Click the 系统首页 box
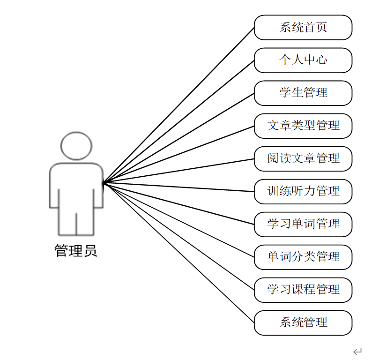[x=303, y=27]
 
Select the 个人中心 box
[x=303, y=60]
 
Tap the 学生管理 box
[x=303, y=93]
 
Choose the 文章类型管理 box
[x=303, y=126]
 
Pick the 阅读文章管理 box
[x=303, y=158]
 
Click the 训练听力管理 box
[x=303, y=191]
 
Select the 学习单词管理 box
[x=303, y=224]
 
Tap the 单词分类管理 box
[x=303, y=257]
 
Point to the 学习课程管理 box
[x=303, y=290]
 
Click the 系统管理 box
[x=303, y=322]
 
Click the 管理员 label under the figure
[x=76, y=251]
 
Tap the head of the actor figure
[x=76, y=146]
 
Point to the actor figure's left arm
[x=54, y=187]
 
